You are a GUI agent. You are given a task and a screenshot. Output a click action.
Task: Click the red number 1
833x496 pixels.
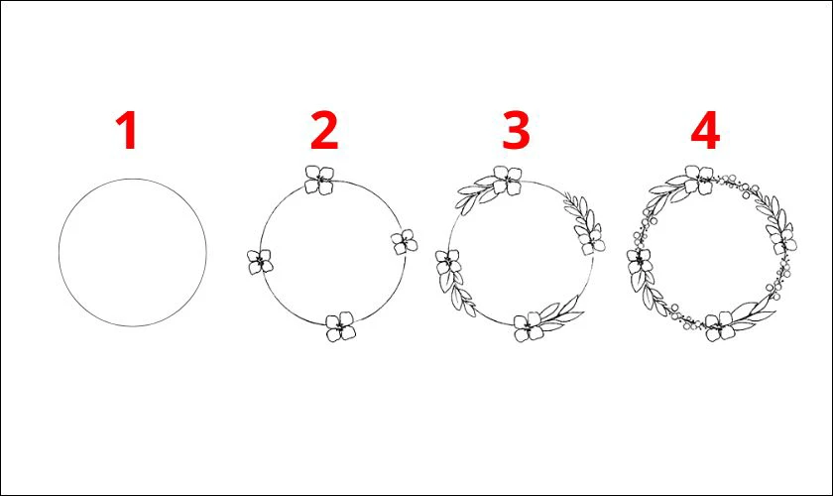[x=127, y=130]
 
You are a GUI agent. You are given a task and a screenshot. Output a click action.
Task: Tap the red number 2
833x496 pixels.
[x=324, y=130]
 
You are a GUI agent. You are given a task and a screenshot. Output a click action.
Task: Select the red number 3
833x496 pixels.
[x=516, y=130]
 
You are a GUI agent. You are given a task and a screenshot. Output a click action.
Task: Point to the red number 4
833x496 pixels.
[x=705, y=130]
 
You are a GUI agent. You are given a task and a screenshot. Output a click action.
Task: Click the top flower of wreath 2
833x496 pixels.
[x=319, y=180]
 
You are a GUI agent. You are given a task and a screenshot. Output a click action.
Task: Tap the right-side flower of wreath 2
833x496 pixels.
[x=405, y=242]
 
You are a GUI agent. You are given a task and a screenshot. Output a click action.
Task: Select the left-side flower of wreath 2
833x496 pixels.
[x=260, y=262]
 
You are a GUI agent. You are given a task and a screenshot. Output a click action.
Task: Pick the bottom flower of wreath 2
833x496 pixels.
[x=340, y=326]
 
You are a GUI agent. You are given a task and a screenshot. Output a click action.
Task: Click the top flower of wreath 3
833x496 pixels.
[x=508, y=181]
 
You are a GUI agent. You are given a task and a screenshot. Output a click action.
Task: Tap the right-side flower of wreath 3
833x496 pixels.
[x=591, y=240]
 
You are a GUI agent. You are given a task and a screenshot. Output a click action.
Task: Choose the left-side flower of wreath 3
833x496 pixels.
[x=448, y=262]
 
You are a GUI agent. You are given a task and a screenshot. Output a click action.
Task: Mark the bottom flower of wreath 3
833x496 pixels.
[x=529, y=326]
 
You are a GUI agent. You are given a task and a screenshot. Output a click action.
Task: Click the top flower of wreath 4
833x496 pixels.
[x=698, y=180]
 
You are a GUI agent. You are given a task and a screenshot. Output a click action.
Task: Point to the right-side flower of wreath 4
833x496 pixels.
[x=782, y=240]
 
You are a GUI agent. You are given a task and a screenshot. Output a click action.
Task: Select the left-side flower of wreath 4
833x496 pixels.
[x=640, y=262]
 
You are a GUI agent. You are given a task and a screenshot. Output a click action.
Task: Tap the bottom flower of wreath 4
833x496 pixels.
[x=720, y=326]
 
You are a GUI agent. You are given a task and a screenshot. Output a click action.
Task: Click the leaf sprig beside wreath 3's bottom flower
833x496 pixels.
[x=561, y=312]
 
